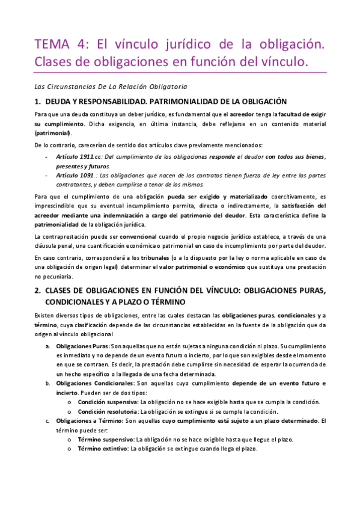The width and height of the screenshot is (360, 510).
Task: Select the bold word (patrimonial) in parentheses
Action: tap(53, 132)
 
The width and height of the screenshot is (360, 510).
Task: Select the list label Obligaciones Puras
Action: tap(82, 347)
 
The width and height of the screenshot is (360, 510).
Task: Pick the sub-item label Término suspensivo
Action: tap(106, 440)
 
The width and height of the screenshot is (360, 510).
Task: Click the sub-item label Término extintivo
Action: tap(103, 449)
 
